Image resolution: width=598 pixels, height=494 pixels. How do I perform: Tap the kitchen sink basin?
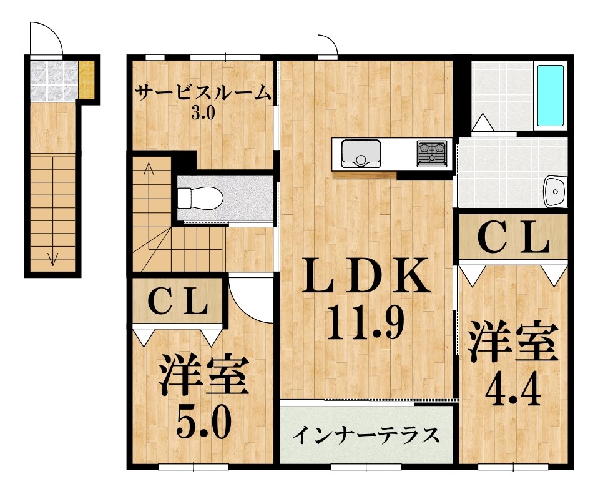point(361,153)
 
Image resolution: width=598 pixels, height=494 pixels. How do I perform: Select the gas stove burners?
point(432,152)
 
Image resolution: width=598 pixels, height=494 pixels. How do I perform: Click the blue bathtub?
point(550,95)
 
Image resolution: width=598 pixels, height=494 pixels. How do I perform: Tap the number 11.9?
point(365,322)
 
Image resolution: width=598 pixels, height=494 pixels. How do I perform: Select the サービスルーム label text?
point(203,94)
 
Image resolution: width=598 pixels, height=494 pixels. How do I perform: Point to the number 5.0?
point(203,423)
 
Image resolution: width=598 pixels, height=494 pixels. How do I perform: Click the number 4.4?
point(513,390)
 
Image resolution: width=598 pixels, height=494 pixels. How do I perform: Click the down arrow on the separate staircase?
point(53,257)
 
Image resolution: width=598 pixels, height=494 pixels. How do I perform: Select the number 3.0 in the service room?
point(203,114)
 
